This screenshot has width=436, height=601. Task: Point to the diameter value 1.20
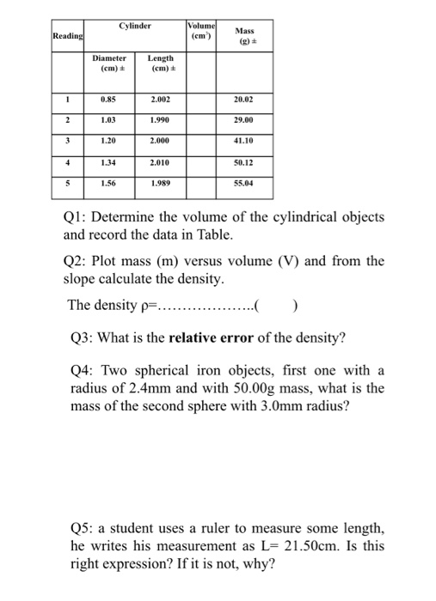109,139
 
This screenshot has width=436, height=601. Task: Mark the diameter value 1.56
109,182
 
